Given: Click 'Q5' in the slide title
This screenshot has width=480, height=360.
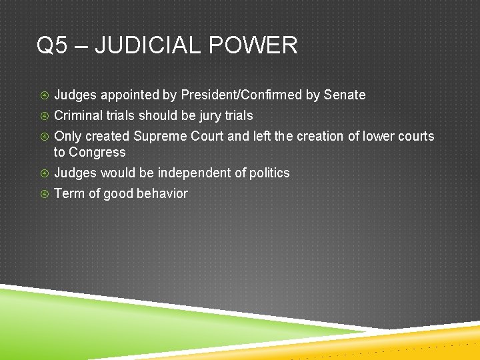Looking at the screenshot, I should (x=53, y=46).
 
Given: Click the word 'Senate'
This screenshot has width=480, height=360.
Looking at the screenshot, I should (x=345, y=95).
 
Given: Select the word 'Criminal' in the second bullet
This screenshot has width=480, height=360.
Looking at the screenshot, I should (x=78, y=115).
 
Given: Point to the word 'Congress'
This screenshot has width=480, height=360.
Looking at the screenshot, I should (x=97, y=153).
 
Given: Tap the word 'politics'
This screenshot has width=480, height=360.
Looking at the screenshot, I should (x=269, y=173).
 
